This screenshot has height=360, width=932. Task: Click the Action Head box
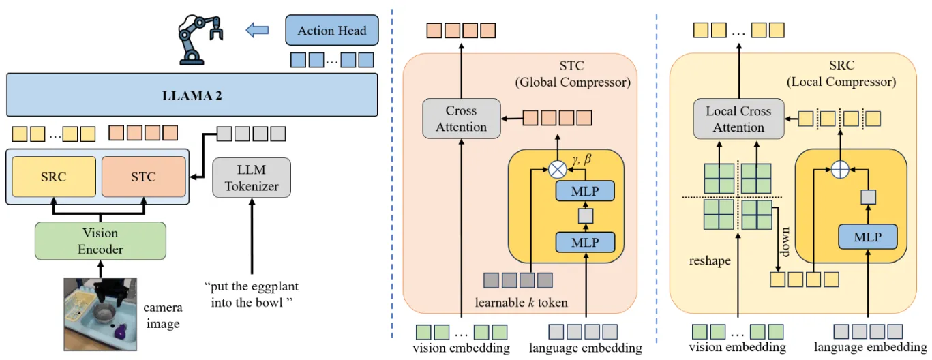tap(331, 31)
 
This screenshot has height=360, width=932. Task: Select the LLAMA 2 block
tap(192, 95)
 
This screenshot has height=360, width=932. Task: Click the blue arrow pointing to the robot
tap(258, 30)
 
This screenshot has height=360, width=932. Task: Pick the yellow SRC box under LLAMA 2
tap(53, 177)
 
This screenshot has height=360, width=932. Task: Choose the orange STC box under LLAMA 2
tap(143, 177)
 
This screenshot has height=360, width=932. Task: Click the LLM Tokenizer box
tap(252, 177)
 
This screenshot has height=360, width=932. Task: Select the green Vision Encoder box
tap(100, 240)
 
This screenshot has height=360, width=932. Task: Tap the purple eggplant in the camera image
tap(121, 331)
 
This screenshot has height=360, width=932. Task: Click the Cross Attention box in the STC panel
tap(462, 119)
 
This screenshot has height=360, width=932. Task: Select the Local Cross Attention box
tap(738, 119)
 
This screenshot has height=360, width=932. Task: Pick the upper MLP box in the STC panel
tap(585, 191)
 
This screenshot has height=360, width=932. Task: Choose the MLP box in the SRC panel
tap(867, 237)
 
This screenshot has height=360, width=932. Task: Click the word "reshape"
tap(709, 260)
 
